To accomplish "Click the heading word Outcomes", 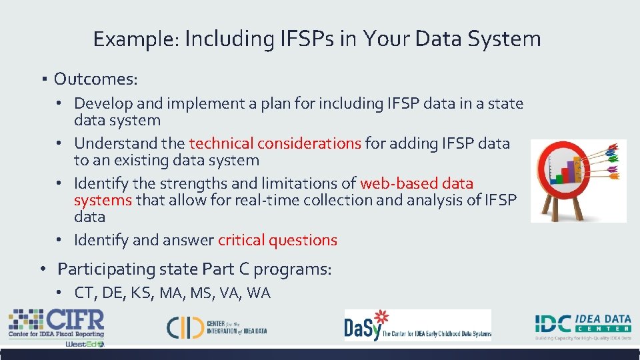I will (95, 79).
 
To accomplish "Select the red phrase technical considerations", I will (275, 143).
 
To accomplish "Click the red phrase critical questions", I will (277, 240).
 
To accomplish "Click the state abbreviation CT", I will (85, 293).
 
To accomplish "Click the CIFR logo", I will (56, 323).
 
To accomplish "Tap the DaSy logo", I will (417, 325).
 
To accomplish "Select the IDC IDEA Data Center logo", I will (583, 325).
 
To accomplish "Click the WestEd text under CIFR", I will (84, 344).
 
